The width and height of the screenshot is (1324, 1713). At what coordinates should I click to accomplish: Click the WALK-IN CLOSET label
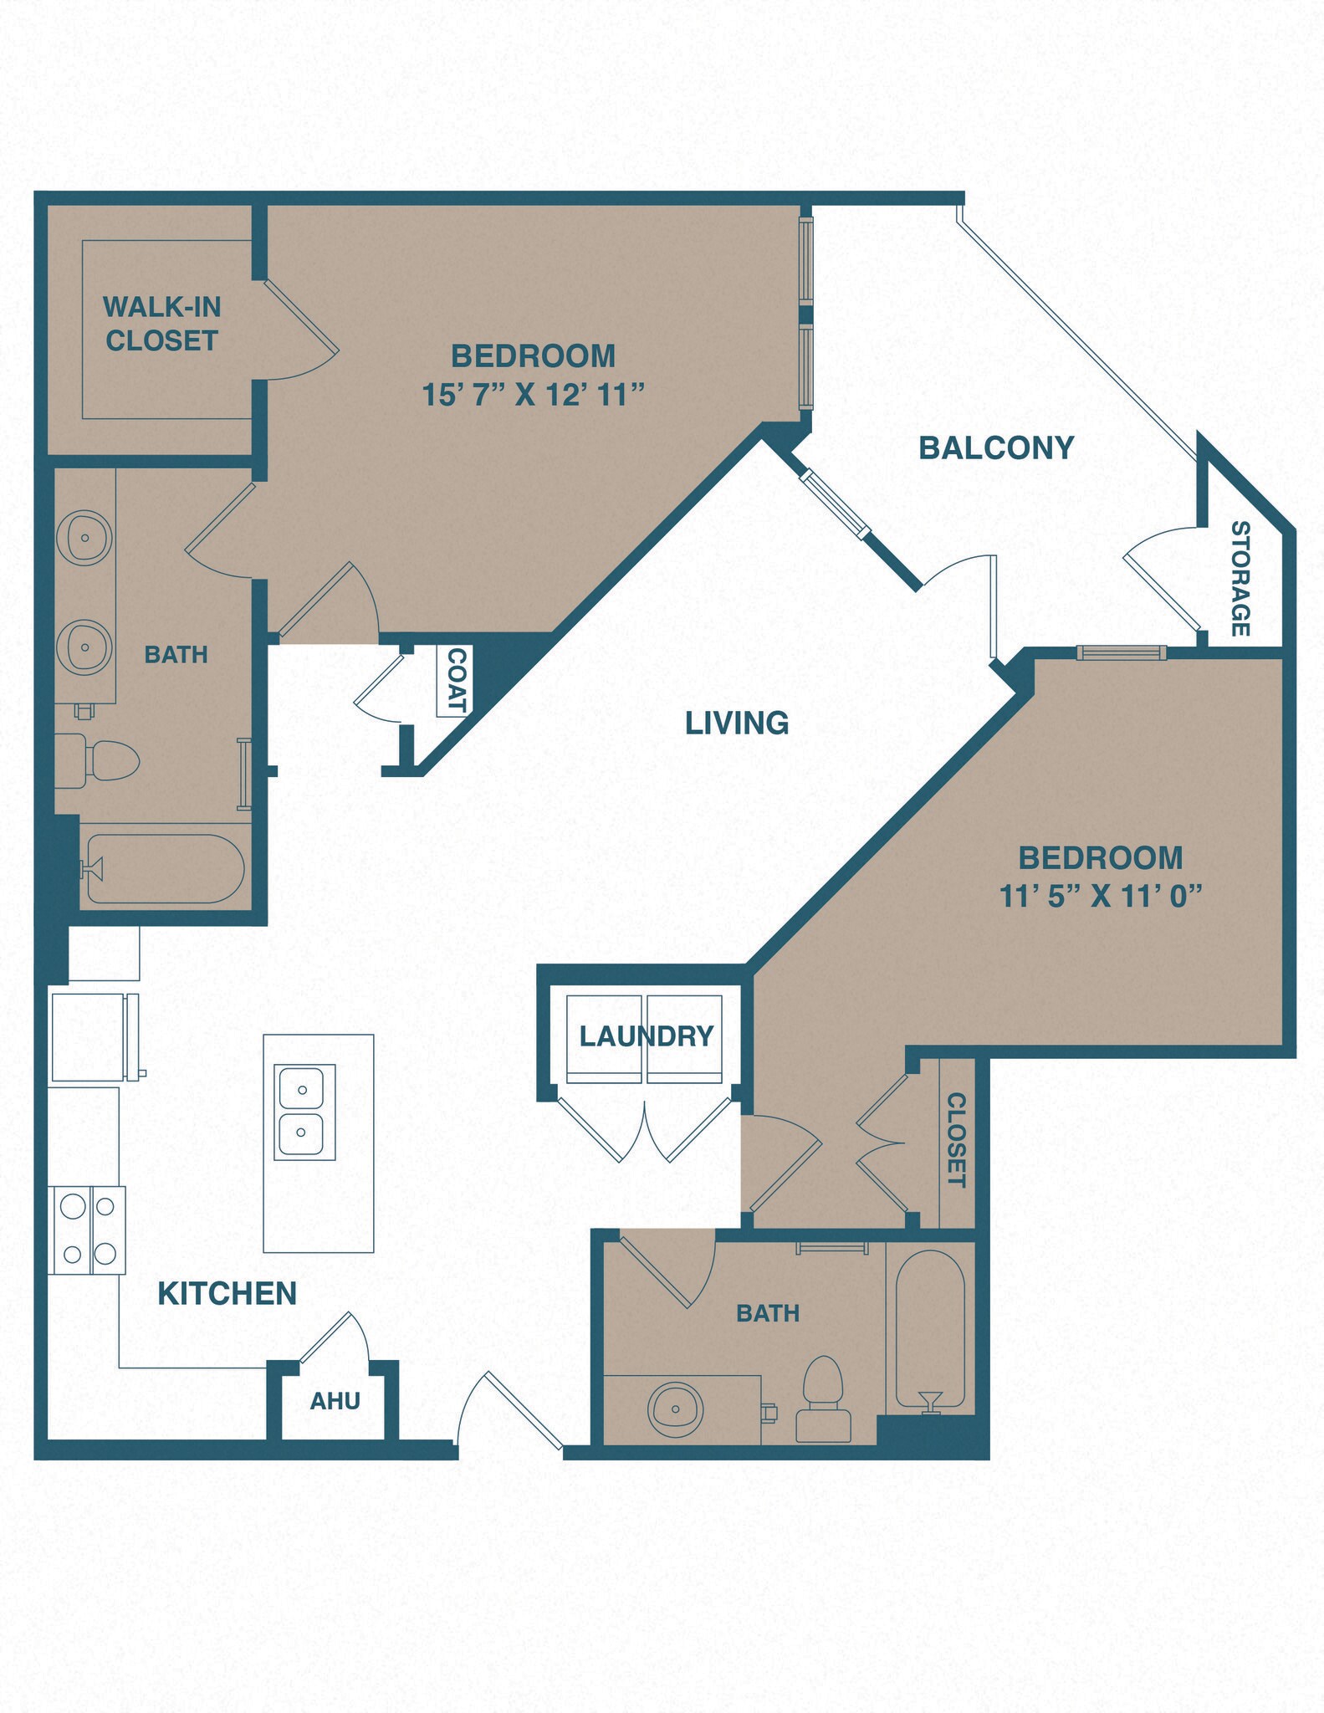click(x=161, y=324)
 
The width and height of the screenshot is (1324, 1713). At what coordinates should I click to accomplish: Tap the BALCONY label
click(x=995, y=448)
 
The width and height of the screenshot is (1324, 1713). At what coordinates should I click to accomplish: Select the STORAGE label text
click(x=1240, y=578)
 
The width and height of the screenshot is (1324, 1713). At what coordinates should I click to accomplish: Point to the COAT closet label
click(x=456, y=680)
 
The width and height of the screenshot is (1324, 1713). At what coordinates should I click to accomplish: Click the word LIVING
click(x=736, y=723)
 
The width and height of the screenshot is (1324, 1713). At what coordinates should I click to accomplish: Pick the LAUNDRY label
click(x=646, y=1036)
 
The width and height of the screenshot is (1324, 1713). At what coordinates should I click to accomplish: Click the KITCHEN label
click(x=227, y=1294)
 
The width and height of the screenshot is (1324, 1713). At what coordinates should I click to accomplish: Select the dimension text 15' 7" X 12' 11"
click(x=533, y=395)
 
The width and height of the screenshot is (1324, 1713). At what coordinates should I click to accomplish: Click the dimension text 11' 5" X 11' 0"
click(x=1100, y=897)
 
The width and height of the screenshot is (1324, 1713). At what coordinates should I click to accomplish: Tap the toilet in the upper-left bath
click(x=100, y=761)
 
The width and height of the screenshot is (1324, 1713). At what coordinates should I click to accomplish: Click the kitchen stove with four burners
click(x=87, y=1230)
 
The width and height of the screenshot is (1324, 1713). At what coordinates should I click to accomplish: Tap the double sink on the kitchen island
click(x=304, y=1112)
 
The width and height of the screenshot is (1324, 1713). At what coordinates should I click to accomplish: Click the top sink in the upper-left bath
click(x=84, y=537)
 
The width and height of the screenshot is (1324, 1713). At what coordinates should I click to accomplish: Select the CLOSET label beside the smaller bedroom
click(x=956, y=1139)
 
